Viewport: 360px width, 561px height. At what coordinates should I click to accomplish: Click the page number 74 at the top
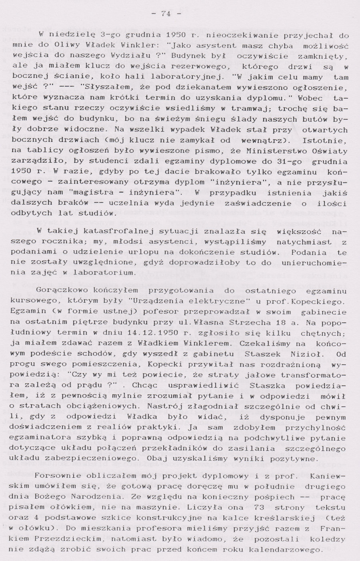(166, 14)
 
